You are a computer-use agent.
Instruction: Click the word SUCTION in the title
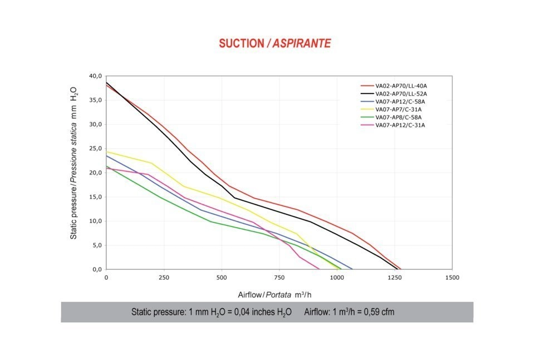point(241,43)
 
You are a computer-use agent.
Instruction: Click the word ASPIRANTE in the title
point(302,43)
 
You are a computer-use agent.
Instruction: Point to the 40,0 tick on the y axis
point(96,76)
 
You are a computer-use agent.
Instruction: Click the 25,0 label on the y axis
point(96,149)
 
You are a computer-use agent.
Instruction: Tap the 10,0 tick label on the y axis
point(96,221)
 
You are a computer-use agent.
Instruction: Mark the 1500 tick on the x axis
point(452,277)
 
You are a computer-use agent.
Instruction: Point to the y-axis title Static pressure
point(73,164)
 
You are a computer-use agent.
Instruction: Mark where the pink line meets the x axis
point(319,269)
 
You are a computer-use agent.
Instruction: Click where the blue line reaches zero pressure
point(352,269)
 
